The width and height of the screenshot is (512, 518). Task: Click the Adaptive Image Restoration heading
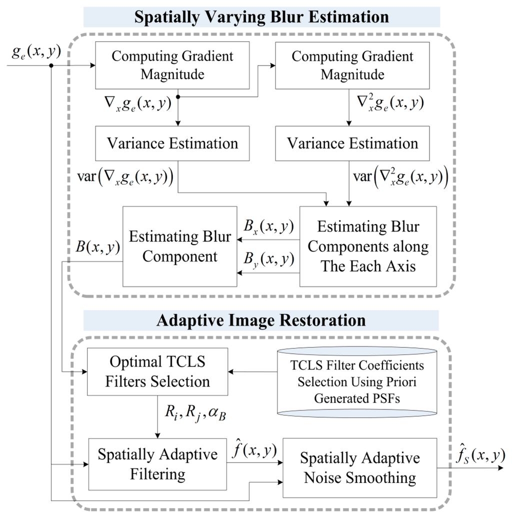coord(261,320)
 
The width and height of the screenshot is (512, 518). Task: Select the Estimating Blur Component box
coord(180,246)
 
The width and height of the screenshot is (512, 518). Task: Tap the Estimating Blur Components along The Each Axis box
coord(368,246)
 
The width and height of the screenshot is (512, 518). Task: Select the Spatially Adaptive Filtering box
coord(157,463)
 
